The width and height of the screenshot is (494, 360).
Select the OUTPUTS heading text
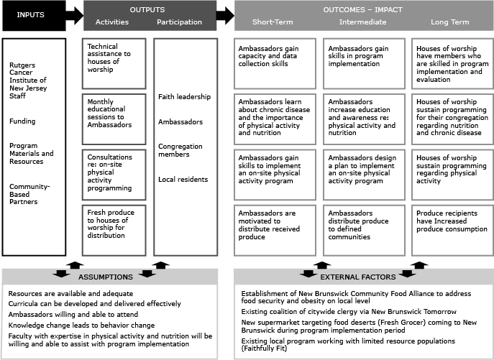pyautogui.click(x=147, y=10)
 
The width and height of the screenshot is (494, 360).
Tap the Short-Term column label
pyautogui.click(x=266, y=22)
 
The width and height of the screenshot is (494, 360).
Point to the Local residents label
pyautogui.click(x=183, y=179)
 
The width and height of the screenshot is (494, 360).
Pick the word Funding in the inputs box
pyautogui.click(x=22, y=121)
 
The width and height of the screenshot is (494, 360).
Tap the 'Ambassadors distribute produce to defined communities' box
pyautogui.click(x=362, y=228)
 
